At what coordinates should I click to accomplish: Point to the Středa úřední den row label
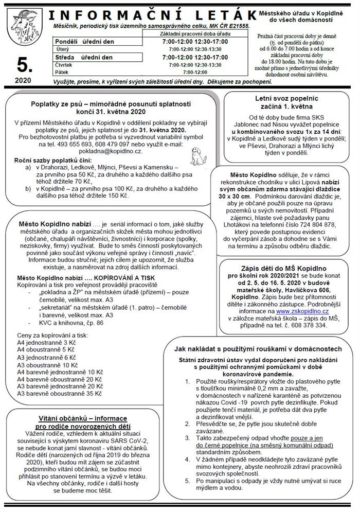coord(83,57)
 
